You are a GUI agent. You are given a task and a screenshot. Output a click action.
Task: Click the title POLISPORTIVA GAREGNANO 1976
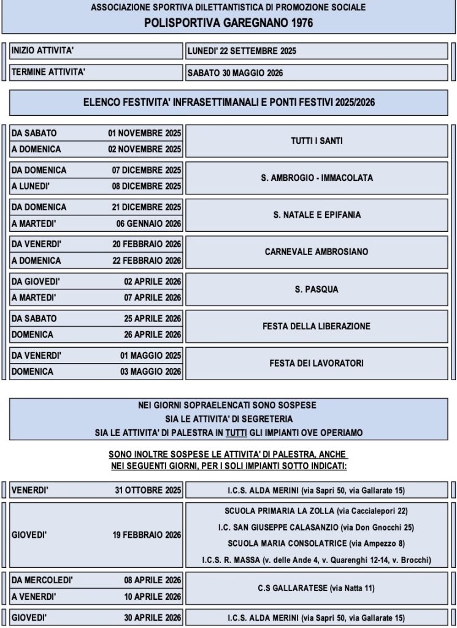[x=228, y=23]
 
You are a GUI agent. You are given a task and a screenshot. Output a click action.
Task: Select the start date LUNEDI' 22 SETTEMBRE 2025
[x=241, y=51]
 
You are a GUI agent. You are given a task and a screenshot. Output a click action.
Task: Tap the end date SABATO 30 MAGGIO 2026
[x=235, y=73]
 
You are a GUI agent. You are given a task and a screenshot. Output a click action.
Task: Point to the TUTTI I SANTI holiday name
[x=317, y=141]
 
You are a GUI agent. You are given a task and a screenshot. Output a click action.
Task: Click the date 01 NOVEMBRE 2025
[x=144, y=133]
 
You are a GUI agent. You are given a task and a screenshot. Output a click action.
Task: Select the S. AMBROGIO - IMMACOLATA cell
[x=317, y=178]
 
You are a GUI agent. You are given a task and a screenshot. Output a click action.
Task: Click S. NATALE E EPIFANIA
[x=317, y=215]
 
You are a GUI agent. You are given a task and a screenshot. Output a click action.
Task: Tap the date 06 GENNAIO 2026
[x=149, y=223]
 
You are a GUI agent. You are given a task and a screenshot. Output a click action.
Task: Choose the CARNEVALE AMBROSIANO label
[x=317, y=252]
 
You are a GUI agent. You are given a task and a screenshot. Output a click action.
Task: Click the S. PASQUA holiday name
[x=317, y=289]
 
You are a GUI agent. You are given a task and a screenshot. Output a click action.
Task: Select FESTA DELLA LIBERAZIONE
[x=317, y=326]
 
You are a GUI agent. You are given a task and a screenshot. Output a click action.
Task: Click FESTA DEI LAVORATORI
[x=317, y=363]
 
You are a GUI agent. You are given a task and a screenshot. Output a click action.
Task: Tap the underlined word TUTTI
[x=235, y=433]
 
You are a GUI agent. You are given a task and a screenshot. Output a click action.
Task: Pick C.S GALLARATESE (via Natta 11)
[x=317, y=588]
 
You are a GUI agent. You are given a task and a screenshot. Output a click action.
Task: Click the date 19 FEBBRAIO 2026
[x=147, y=535]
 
